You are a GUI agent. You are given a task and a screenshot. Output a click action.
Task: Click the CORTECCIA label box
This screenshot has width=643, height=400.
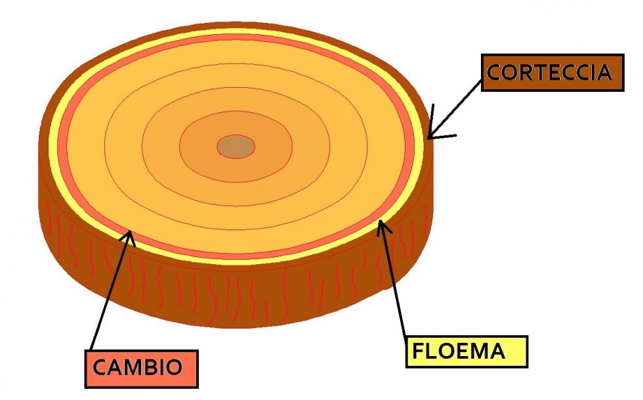coord(552,72)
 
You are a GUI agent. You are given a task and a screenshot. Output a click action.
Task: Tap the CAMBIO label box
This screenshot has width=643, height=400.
coord(141,367)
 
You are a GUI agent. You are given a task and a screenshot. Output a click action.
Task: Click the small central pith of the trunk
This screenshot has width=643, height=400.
coord(236,146)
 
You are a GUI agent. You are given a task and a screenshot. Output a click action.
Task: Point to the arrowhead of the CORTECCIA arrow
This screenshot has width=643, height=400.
coord(431,134)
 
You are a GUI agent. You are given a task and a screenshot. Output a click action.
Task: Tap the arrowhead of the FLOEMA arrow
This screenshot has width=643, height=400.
coord(381,227)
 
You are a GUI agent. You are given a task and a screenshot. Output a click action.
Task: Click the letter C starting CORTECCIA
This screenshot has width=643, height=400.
coord(495,72)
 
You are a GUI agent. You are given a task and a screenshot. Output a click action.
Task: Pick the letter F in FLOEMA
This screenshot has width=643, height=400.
coord(417,352)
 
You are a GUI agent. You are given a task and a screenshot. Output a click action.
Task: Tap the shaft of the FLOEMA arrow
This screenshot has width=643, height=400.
coord(394,282)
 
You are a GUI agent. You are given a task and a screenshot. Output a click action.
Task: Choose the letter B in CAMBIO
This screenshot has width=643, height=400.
coord(149,367)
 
